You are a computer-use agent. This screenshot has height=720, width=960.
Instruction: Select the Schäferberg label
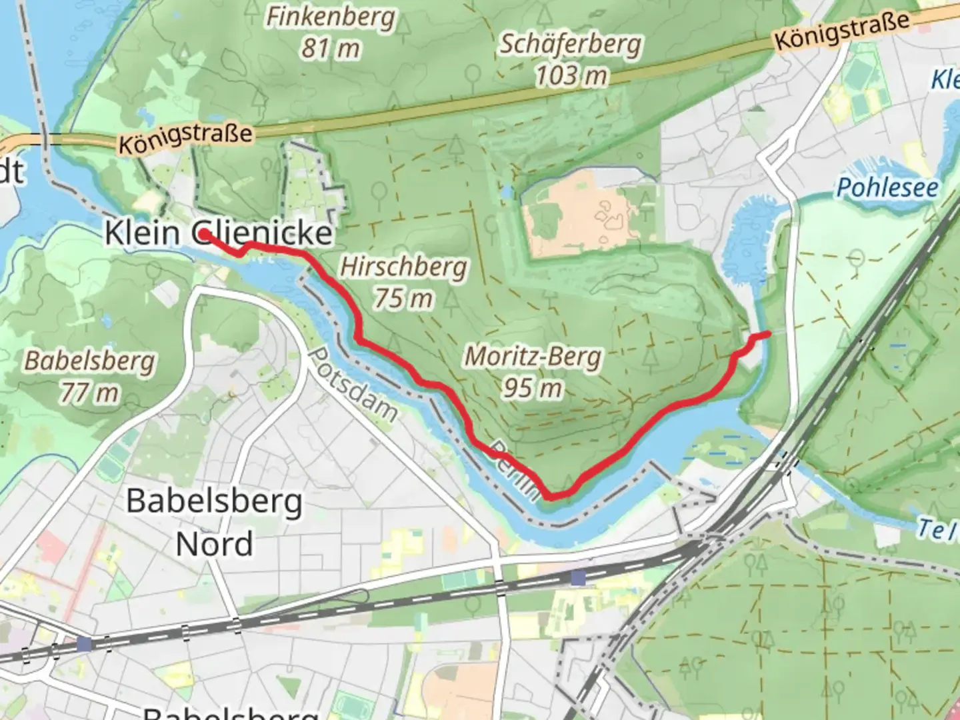(x=571, y=44)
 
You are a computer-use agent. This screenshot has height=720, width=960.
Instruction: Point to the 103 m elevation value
(x=571, y=75)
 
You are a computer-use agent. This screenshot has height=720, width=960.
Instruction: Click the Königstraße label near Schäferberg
(x=841, y=30)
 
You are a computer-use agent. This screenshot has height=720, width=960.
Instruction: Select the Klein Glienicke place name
(x=219, y=233)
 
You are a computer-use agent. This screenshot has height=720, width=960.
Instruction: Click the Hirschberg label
(x=403, y=267)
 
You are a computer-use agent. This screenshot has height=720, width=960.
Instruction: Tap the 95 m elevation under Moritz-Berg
(x=532, y=387)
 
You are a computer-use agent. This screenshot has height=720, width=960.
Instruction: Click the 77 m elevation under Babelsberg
(x=89, y=393)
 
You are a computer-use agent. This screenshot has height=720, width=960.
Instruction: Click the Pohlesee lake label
(x=887, y=187)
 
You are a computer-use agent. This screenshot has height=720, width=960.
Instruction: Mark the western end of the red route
(x=202, y=234)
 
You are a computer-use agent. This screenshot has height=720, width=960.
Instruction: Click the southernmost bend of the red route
(x=552, y=496)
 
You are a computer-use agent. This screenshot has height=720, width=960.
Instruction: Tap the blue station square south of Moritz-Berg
(x=578, y=577)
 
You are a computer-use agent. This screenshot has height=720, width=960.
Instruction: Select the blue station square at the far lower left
(x=84, y=644)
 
